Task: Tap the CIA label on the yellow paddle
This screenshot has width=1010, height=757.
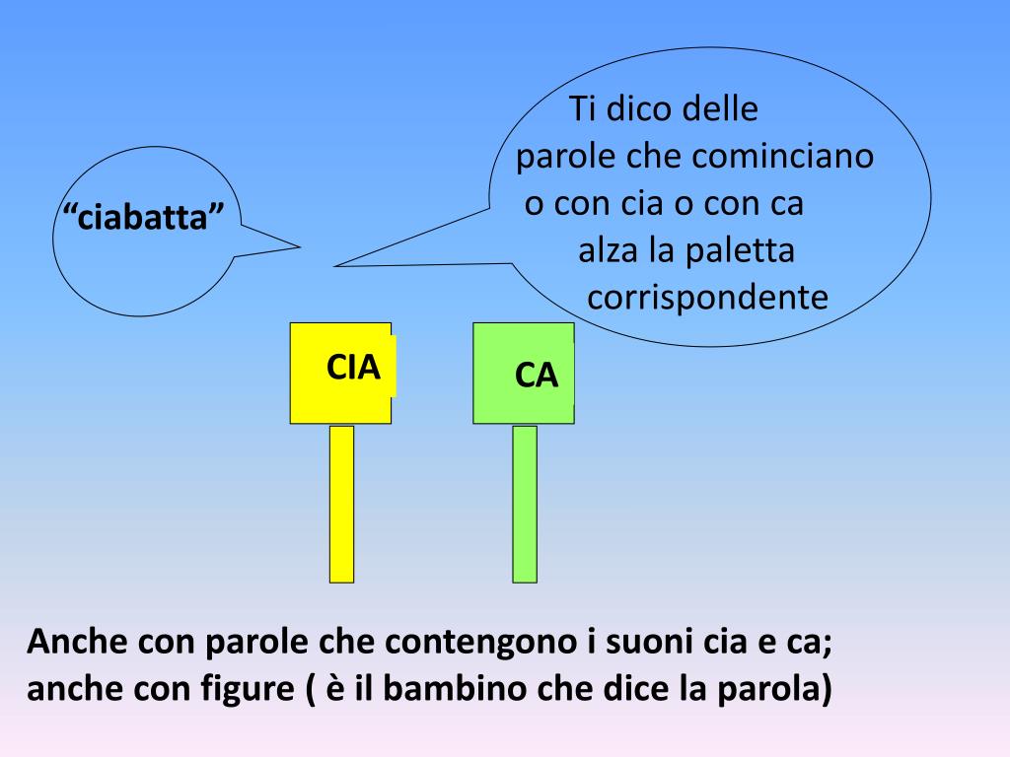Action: (353, 367)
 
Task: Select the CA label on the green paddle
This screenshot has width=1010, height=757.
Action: (537, 376)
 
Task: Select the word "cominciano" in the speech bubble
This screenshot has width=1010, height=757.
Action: (783, 157)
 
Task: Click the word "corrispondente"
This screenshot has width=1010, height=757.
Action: (707, 298)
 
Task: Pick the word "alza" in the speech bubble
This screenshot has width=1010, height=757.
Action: (609, 251)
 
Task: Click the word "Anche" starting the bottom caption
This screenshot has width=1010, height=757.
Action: (78, 644)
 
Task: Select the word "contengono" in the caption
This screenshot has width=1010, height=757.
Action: (457, 644)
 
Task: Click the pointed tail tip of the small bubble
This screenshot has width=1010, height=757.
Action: (299, 245)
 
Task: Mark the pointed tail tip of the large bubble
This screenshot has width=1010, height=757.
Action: (336, 265)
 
